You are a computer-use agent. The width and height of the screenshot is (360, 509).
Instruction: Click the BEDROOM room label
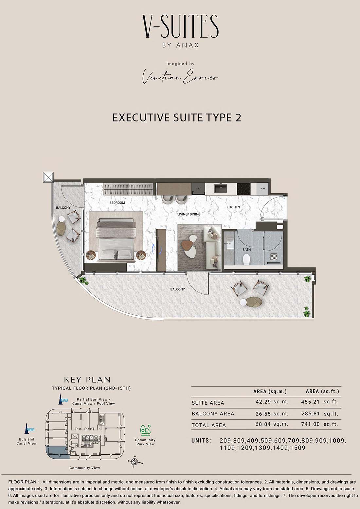117,203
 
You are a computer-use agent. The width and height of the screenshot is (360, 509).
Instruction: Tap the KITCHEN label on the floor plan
233,207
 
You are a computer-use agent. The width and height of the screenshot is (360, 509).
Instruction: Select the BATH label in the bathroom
246,250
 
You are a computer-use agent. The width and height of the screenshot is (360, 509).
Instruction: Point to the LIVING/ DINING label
189,214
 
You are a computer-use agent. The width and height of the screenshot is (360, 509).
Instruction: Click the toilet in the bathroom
246,259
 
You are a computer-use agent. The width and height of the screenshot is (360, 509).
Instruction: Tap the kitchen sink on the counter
221,189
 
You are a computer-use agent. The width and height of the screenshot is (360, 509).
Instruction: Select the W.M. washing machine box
263,189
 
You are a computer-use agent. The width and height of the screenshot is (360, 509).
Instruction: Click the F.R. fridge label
198,189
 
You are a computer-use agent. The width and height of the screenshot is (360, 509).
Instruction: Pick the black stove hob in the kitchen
243,189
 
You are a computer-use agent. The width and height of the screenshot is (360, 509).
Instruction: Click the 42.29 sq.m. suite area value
272,402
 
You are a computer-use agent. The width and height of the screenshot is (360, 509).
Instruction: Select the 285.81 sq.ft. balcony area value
320,413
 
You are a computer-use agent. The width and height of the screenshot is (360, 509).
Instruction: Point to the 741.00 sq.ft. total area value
320,424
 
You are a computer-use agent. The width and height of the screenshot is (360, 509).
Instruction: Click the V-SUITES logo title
180,26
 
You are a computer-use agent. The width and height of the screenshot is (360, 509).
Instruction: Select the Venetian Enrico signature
180,76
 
